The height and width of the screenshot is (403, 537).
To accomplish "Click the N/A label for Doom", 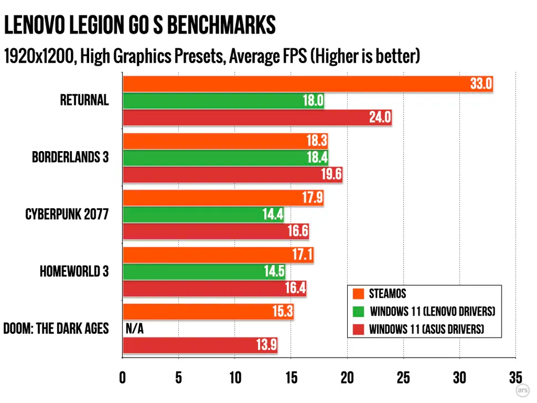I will point(135,329).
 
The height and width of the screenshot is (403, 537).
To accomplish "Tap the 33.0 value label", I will point(481,84).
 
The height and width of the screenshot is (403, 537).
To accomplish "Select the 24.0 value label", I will point(380,117).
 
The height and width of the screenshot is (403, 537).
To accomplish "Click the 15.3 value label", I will point(282,312).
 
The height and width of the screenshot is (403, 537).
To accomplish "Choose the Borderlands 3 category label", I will point(70,158).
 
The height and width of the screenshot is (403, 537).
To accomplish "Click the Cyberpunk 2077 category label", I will point(67,214).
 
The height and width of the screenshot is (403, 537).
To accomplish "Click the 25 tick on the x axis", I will point(403,378).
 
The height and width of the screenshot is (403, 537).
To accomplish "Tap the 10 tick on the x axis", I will point(234,378).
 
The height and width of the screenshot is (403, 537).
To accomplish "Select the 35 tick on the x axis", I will point(515,378).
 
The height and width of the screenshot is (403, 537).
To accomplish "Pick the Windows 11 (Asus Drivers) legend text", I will point(427,329).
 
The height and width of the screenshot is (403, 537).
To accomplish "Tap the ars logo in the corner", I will point(521,390).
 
